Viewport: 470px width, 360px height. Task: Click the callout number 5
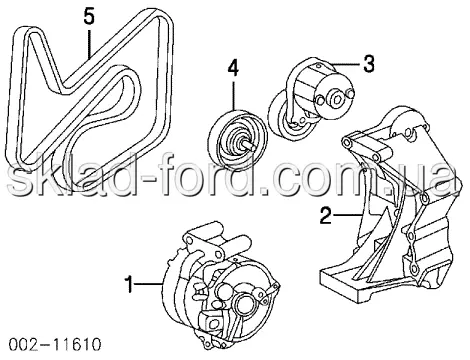pyautogui.click(x=89, y=17)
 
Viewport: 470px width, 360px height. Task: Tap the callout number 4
pyautogui.click(x=233, y=69)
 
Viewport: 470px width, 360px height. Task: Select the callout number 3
pyautogui.click(x=368, y=63)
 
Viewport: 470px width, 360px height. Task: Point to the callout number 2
pyautogui.click(x=326, y=215)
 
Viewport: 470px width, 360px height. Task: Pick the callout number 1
pyautogui.click(x=129, y=284)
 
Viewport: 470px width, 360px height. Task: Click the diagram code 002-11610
pyautogui.click(x=54, y=344)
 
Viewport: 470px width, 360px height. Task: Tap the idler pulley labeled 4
pyautogui.click(x=238, y=139)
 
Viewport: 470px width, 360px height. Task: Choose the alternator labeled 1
pyautogui.click(x=220, y=283)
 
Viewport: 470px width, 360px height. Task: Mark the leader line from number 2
pyautogui.click(x=347, y=215)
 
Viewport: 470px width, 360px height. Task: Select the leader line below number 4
pyautogui.click(x=233, y=95)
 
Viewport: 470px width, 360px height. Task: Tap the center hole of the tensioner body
pyautogui.click(x=336, y=98)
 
